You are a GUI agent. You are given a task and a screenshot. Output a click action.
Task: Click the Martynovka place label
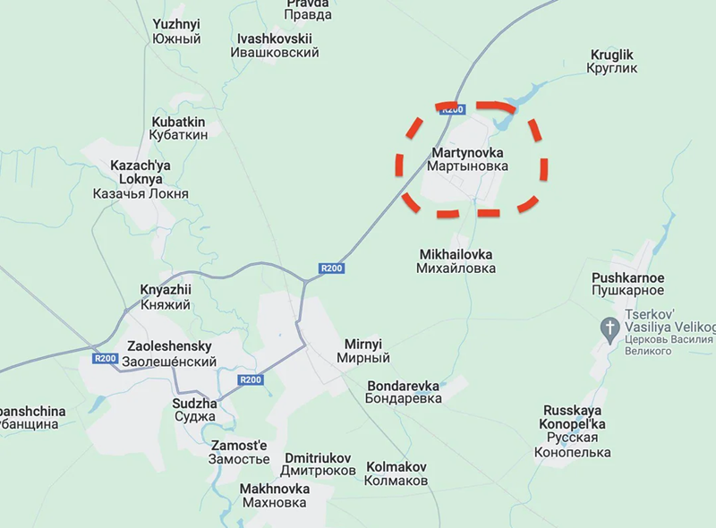click(467, 159)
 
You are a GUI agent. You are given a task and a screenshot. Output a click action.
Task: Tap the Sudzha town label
click(194, 411)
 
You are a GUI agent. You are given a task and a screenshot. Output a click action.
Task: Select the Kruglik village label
click(612, 62)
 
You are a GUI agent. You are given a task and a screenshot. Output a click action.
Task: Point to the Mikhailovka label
click(456, 260)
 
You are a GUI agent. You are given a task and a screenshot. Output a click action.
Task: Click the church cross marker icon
click(610, 328)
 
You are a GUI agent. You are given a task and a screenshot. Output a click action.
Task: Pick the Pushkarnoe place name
click(627, 284)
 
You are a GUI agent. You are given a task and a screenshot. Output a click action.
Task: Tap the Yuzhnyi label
click(176, 31)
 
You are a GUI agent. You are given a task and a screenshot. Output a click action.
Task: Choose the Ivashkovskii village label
click(275, 46)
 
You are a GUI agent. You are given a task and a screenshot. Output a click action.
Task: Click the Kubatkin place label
click(179, 128)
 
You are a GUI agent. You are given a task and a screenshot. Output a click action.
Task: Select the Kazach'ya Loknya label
click(141, 179)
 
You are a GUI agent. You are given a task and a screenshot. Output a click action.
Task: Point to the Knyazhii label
click(166, 297)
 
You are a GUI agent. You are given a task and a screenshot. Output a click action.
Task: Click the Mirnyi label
click(363, 351)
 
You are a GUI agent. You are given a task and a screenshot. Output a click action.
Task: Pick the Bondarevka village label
click(405, 392)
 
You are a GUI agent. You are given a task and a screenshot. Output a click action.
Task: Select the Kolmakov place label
click(396, 473)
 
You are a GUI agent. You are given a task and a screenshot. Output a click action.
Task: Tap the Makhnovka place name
click(275, 495)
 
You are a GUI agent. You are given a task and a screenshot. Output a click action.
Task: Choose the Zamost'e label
click(239, 452)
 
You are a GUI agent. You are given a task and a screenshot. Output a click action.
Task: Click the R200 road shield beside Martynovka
click(453, 109)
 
